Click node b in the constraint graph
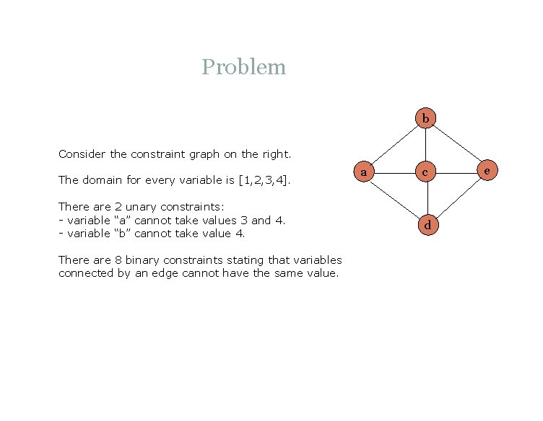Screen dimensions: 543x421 click(x=426, y=118)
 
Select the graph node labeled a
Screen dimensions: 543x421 click(x=364, y=172)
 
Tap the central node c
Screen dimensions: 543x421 click(x=426, y=172)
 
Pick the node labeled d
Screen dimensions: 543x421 click(x=427, y=226)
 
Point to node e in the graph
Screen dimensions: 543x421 click(x=487, y=171)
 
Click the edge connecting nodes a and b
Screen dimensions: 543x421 click(x=395, y=144)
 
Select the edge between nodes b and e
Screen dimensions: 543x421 click(x=457, y=144)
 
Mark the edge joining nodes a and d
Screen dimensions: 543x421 click(x=395, y=198)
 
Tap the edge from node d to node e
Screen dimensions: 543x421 click(x=457, y=198)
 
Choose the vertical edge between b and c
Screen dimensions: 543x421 click(x=426, y=145)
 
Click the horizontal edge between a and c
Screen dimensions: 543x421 click(x=395, y=172)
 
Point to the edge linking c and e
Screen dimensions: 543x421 click(x=457, y=172)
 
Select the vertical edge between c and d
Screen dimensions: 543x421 click(x=426, y=199)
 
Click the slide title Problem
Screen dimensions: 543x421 click(x=244, y=67)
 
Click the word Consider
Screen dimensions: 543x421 click(x=82, y=154)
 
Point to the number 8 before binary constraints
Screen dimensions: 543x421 click(x=118, y=260)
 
